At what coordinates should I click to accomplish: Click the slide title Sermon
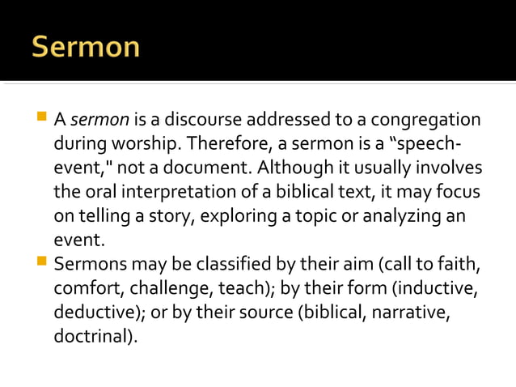[86, 48]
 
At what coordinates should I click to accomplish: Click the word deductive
[93, 312]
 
